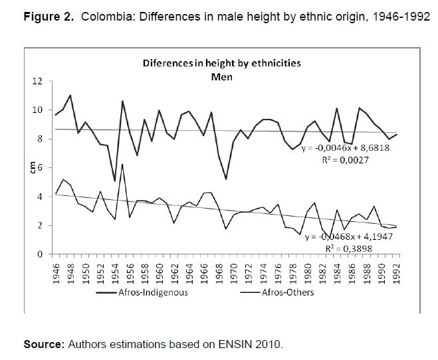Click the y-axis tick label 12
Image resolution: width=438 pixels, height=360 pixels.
point(39,81)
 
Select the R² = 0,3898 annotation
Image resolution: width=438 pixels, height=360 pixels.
point(350,249)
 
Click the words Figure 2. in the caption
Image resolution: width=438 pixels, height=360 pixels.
point(49,17)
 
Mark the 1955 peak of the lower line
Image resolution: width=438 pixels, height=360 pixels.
point(122,164)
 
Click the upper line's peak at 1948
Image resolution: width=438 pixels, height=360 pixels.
point(70,95)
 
